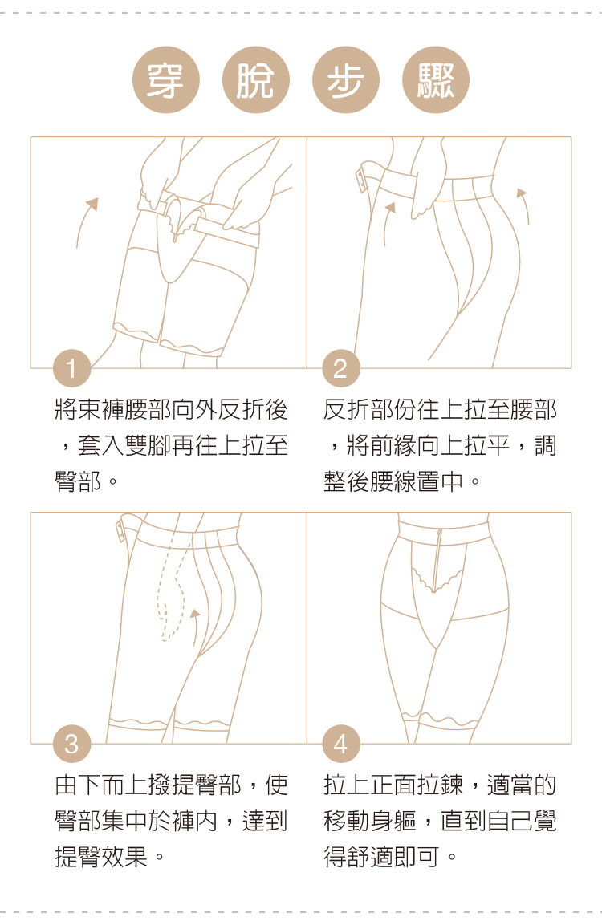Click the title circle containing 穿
[x=166, y=80]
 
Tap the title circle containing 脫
[x=256, y=80]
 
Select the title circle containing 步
[x=346, y=80]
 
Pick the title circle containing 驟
[x=436, y=80]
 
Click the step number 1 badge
[x=71, y=369]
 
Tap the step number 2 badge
[x=341, y=369]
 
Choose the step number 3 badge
[x=71, y=745]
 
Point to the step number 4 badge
[x=341, y=745]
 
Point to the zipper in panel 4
[x=436, y=560]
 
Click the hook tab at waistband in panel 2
[x=361, y=180]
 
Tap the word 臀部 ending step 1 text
[x=78, y=481]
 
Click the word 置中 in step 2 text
[x=441, y=481]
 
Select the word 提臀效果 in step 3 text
[x=101, y=857]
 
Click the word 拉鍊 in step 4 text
[x=441, y=785]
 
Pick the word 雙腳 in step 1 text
[x=148, y=446]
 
